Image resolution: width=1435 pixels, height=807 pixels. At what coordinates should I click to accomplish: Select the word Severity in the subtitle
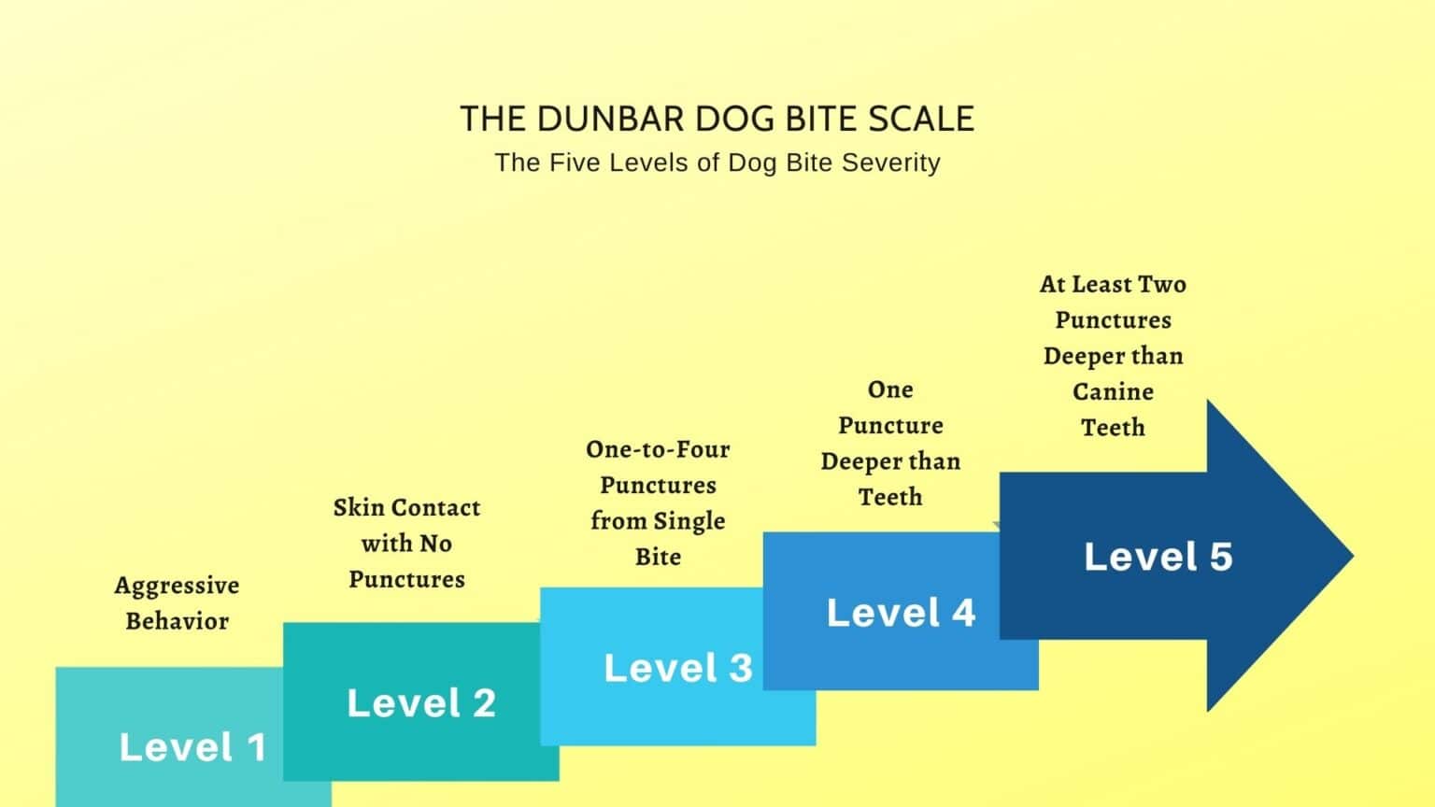tap(891, 163)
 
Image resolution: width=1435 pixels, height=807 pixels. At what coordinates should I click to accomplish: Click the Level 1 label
tap(192, 747)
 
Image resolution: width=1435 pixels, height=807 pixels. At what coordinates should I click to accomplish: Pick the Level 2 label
tap(421, 702)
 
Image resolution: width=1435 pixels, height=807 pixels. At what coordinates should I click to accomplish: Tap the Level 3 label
tap(678, 668)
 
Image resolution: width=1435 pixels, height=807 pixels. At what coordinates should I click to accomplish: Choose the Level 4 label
tap(901, 613)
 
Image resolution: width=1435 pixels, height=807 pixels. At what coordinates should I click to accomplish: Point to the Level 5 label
tap(1158, 556)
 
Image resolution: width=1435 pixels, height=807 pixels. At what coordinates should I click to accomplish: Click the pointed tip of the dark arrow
tap(1353, 556)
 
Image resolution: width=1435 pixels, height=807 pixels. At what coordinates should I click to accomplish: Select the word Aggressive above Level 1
tap(177, 586)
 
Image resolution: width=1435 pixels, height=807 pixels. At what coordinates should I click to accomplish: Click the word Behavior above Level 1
tap(177, 621)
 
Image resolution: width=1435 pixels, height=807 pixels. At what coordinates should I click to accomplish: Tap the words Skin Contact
tap(406, 508)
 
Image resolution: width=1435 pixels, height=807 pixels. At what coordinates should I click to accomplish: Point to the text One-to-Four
tap(658, 449)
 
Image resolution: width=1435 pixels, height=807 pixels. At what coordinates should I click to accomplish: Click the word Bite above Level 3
tap(658, 557)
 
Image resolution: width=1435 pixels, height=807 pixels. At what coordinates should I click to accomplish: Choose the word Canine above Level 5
tap(1114, 391)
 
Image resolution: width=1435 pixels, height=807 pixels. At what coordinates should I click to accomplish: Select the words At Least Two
tap(1114, 284)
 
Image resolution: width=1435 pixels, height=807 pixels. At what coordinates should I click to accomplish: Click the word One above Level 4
tap(890, 389)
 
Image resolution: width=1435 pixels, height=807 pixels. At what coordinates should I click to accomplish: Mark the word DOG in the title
tap(728, 120)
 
